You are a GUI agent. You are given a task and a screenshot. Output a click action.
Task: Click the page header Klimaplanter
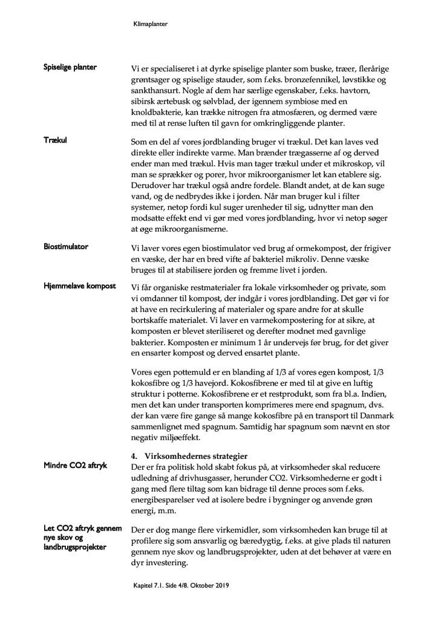149,25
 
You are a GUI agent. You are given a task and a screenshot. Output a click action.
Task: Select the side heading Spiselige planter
70,66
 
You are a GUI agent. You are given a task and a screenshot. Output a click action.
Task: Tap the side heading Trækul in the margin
55,140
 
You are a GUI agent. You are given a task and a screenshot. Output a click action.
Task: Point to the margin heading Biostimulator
66,247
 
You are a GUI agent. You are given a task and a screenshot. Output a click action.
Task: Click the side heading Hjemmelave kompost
79,285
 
